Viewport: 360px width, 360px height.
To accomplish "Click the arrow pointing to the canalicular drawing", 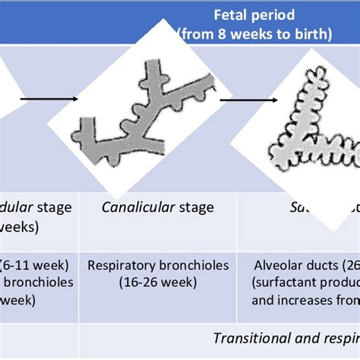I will coord(49,97).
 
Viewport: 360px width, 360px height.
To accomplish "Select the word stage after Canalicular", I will coord(194,207).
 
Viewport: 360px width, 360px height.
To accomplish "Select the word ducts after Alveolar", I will coord(321,266).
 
